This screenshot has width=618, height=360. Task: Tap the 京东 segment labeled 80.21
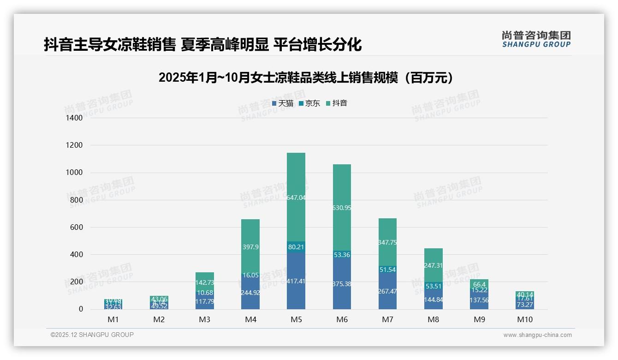click(x=296, y=247)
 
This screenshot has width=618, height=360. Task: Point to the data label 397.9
click(x=250, y=247)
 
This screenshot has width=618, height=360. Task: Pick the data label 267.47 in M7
click(x=387, y=292)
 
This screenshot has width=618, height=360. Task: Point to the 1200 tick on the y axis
click(x=74, y=145)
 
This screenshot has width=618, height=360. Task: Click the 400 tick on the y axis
click(x=76, y=255)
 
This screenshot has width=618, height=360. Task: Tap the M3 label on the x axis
click(x=204, y=320)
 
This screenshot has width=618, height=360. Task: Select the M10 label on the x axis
click(x=524, y=320)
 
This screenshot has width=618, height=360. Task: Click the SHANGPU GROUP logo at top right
click(x=536, y=39)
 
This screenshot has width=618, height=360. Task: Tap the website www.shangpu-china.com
click(x=537, y=335)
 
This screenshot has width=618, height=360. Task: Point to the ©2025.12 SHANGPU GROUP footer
click(x=92, y=335)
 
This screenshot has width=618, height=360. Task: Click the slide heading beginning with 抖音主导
click(x=202, y=45)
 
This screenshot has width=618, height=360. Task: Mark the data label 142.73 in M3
click(x=204, y=282)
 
